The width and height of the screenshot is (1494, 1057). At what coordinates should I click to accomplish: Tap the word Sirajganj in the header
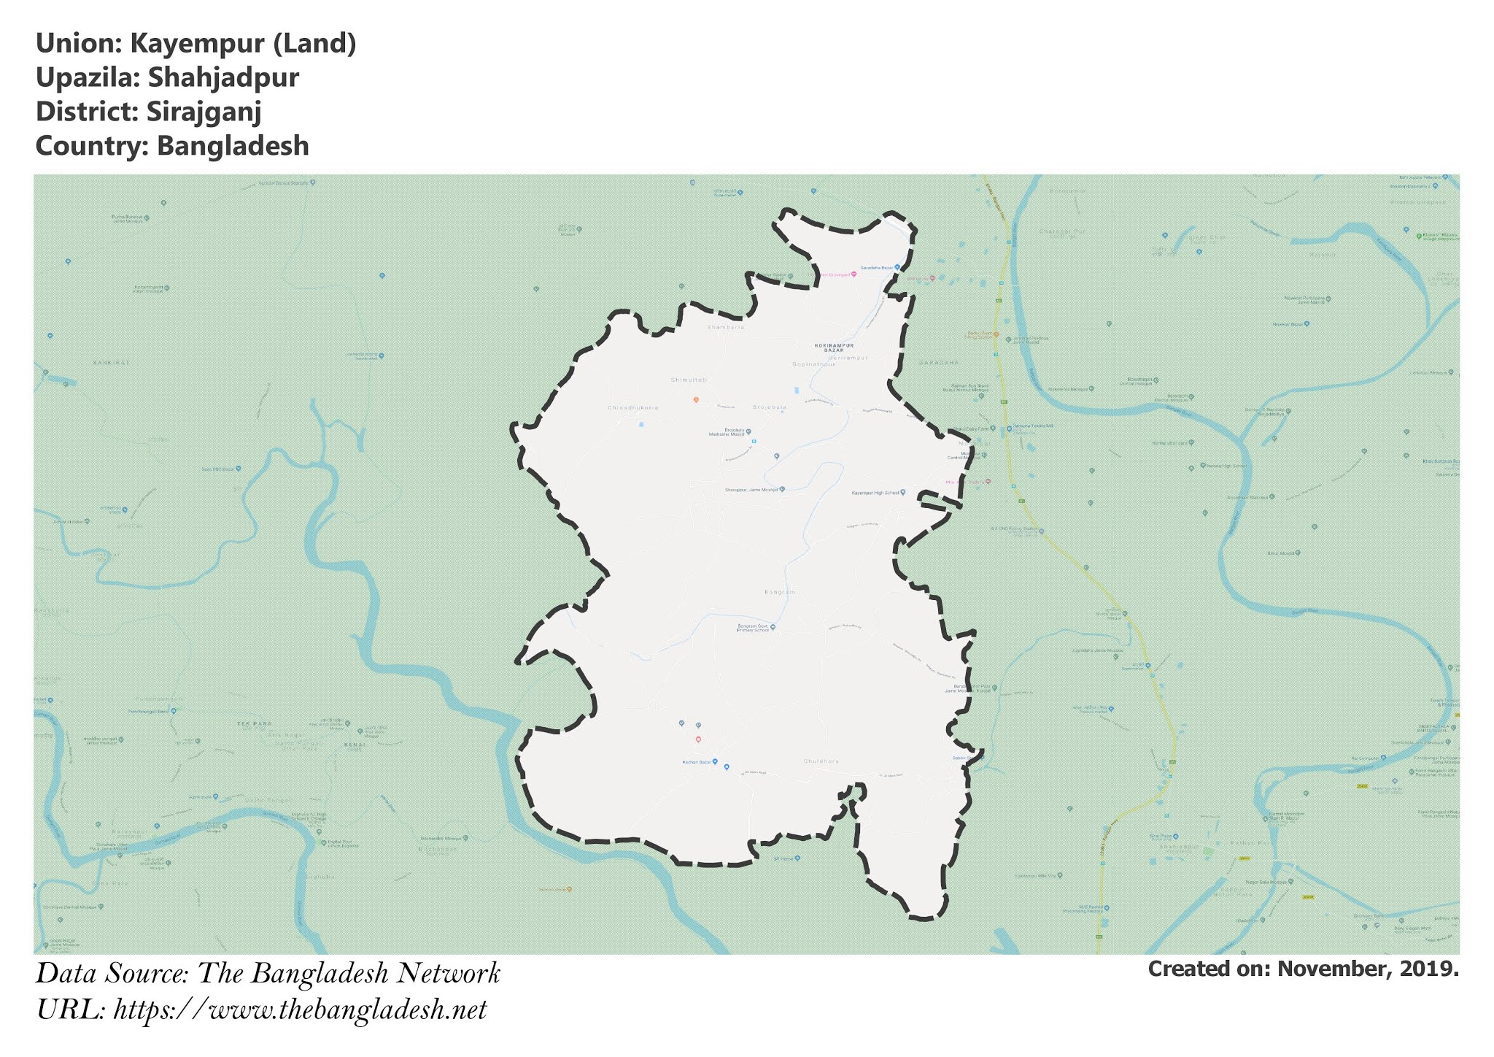click(204, 112)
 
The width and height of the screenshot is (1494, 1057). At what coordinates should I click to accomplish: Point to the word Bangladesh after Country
click(233, 146)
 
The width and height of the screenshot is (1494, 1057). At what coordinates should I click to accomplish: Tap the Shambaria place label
click(725, 328)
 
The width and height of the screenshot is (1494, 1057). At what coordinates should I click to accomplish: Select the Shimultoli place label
click(689, 380)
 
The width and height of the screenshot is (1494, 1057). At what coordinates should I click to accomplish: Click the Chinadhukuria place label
click(632, 407)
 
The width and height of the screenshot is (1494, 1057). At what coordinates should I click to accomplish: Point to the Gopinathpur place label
click(813, 364)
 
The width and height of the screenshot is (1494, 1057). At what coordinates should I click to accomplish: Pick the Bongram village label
click(779, 592)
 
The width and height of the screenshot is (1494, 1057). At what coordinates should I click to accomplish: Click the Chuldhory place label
click(821, 761)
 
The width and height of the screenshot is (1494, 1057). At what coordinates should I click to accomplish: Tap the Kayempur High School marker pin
click(902, 493)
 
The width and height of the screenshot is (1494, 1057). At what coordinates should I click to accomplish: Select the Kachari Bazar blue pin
click(715, 762)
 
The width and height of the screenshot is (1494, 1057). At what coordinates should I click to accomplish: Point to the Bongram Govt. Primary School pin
click(773, 626)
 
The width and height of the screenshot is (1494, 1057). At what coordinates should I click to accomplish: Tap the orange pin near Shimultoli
click(696, 400)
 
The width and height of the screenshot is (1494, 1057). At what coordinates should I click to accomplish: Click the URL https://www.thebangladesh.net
click(300, 1010)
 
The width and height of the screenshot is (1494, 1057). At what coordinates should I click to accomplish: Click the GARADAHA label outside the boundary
click(939, 362)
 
